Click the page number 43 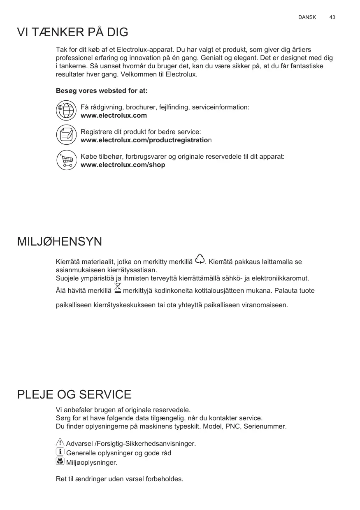click(x=332, y=17)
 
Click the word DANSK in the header click(x=307, y=17)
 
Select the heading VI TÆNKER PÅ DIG click(x=72, y=32)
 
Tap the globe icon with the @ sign click(x=66, y=110)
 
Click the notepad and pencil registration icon click(x=66, y=134)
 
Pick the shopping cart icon click(x=66, y=160)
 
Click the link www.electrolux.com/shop click(x=123, y=165)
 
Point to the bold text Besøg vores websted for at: click(x=102, y=90)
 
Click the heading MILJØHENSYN click(x=59, y=242)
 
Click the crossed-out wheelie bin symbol click(x=118, y=288)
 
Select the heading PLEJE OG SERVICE click(x=74, y=395)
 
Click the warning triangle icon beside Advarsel click(x=60, y=443)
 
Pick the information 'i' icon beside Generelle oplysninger click(x=60, y=452)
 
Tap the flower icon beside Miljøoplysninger click(x=60, y=461)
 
